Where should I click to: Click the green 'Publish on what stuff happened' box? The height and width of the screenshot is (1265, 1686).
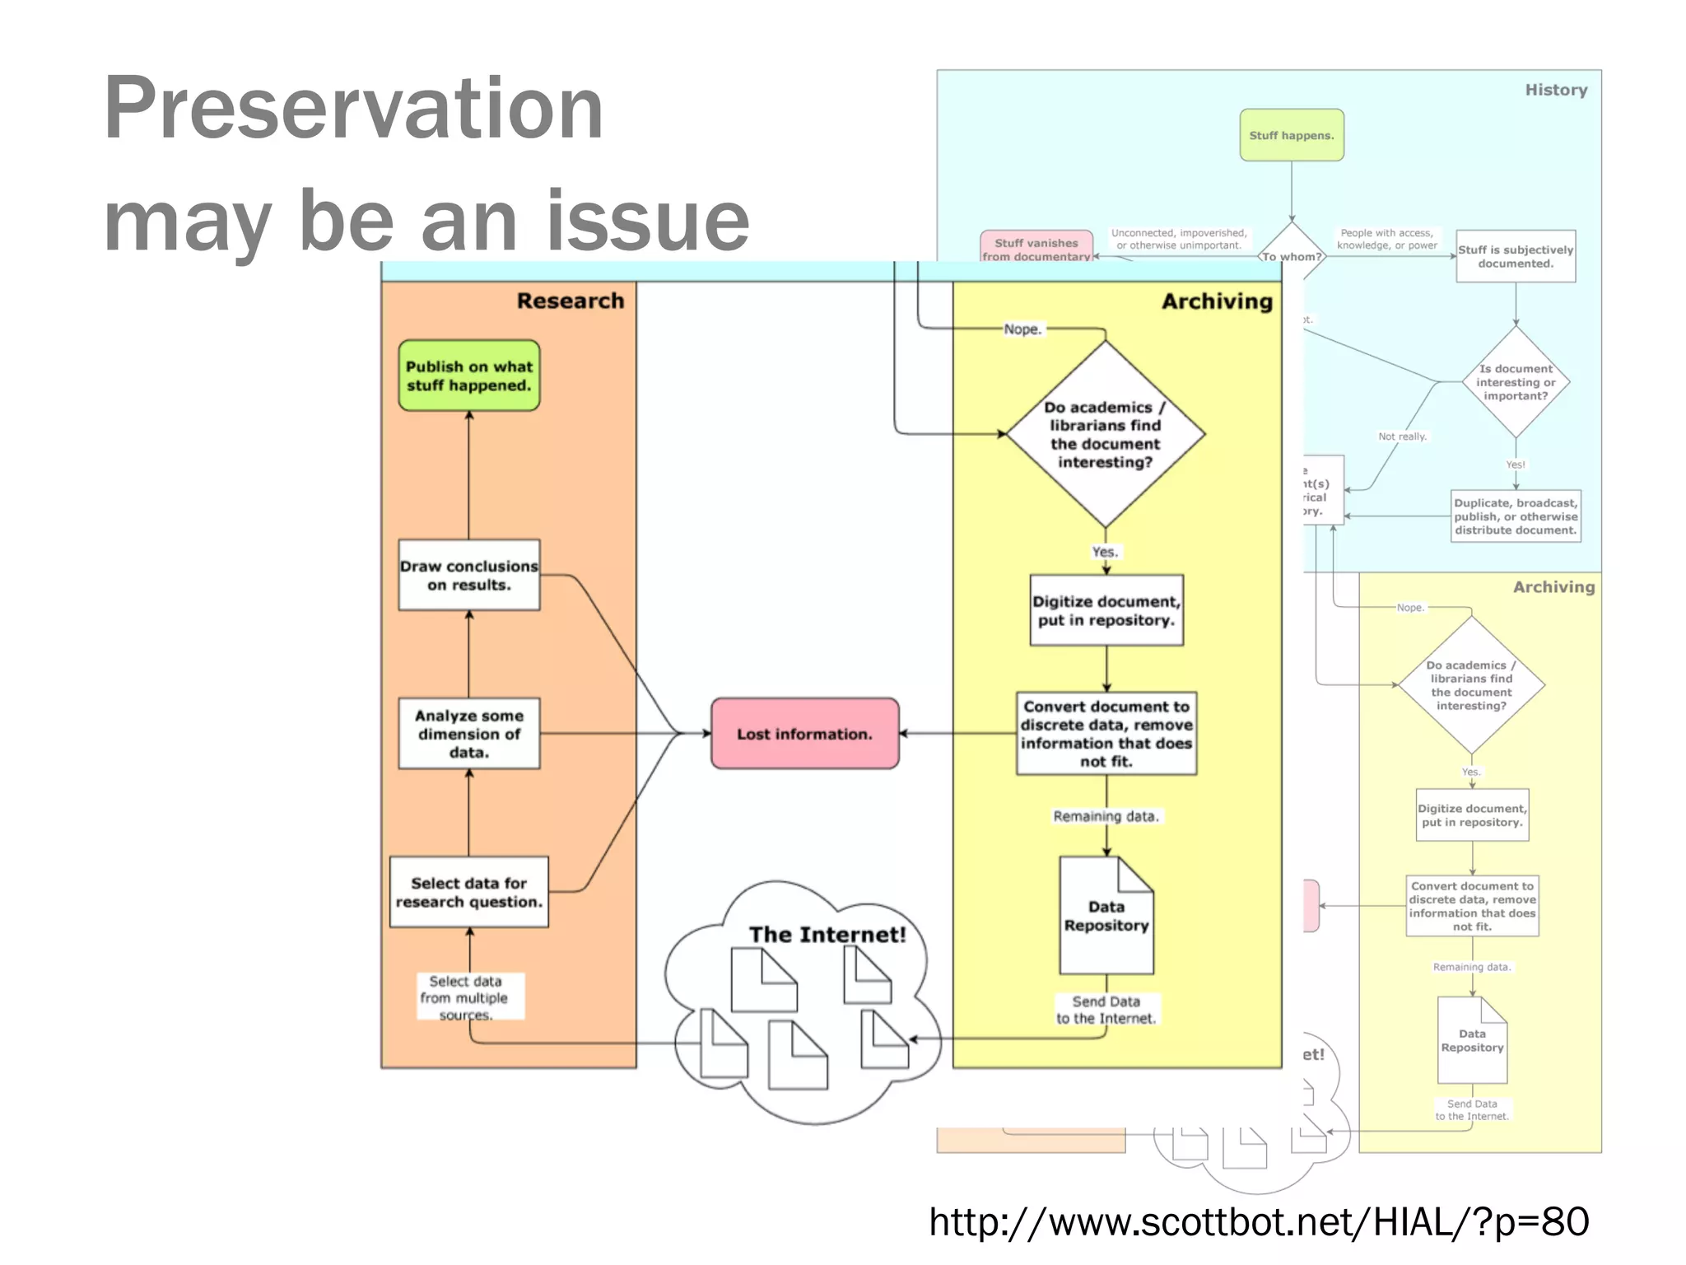coord(468,376)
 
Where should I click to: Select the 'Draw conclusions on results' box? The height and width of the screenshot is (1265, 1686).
coord(468,575)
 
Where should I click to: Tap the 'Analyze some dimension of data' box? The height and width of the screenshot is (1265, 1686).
coord(468,733)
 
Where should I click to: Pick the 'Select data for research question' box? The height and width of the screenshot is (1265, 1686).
coord(468,892)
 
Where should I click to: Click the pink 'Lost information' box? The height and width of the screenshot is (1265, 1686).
coord(804,734)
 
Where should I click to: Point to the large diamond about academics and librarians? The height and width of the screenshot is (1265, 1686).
coord(1105,434)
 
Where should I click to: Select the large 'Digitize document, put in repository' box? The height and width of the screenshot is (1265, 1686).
coord(1106,610)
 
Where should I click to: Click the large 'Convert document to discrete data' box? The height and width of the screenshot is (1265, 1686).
coord(1106,733)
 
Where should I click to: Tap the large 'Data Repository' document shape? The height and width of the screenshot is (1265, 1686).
coord(1106,916)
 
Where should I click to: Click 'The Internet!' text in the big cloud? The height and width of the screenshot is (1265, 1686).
coord(827,935)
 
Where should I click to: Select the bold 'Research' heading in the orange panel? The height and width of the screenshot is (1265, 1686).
coord(570,301)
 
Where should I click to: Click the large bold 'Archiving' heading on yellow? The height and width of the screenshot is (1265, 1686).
coord(1217,301)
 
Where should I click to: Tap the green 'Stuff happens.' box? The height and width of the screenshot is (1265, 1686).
coord(1291,135)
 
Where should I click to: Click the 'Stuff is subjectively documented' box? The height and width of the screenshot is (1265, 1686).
coord(1515,256)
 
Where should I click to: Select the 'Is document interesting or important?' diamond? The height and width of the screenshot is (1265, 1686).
coord(1515,382)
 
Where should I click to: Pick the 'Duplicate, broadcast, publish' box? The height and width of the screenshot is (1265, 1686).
coord(1515,516)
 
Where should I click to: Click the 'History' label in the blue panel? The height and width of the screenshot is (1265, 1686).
coord(1555,90)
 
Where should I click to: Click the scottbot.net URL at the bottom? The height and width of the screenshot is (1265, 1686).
coord(1258,1221)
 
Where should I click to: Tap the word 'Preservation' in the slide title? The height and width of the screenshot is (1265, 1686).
coord(354,109)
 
